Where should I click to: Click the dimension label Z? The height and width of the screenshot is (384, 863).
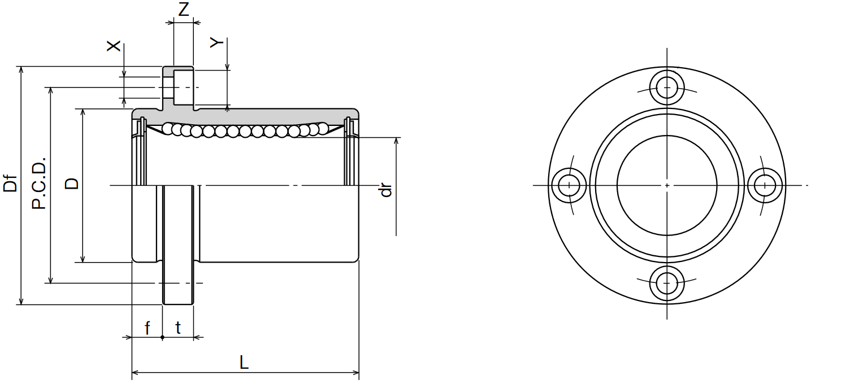point(183,9)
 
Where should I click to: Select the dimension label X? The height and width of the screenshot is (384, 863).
point(113,46)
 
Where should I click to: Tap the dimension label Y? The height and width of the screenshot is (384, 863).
point(216,42)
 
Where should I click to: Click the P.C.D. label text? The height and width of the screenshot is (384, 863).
point(38,183)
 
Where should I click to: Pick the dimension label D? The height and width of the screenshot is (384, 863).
point(72,184)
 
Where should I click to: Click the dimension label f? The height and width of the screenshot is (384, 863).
point(147,328)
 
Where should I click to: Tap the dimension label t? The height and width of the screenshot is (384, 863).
point(178,328)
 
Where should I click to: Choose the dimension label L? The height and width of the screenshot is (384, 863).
point(244,362)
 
